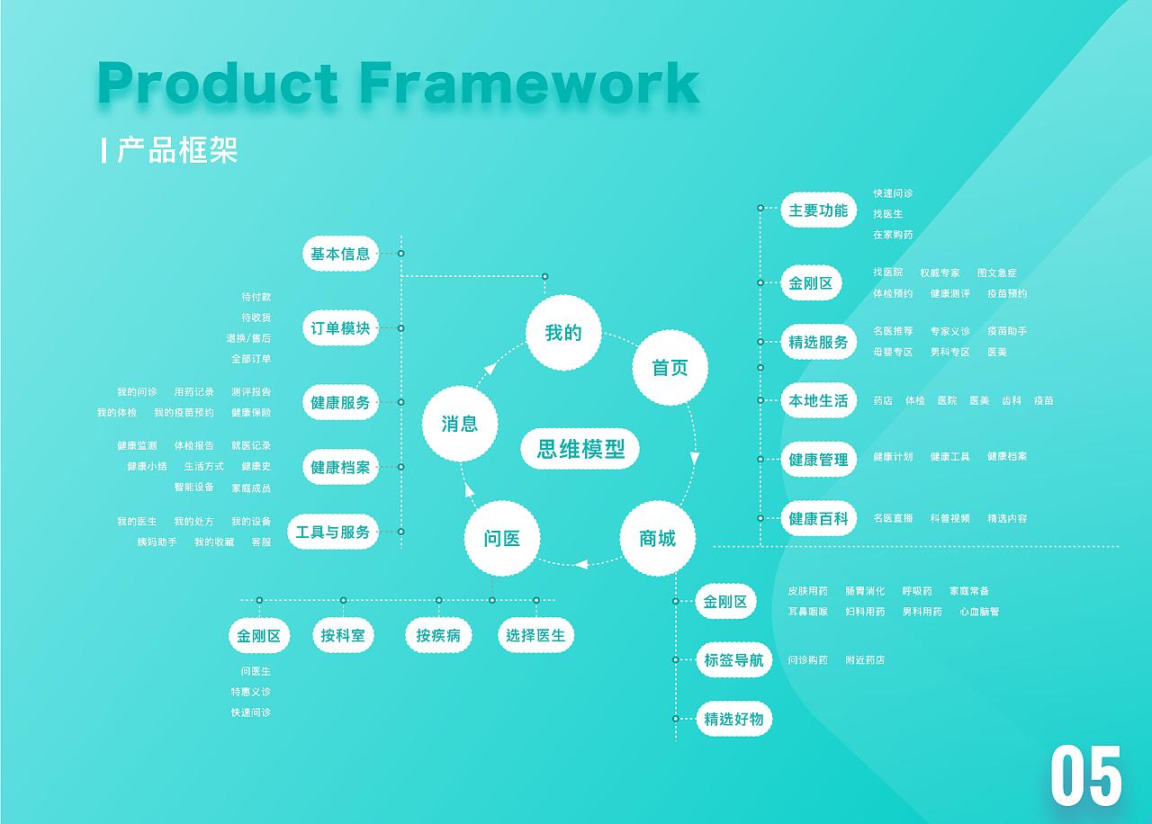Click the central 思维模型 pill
coord(580,449)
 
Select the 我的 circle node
coord(563,333)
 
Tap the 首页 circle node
coord(670,368)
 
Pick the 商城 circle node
coord(658,538)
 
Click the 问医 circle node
coord(502,538)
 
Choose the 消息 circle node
coord(460,424)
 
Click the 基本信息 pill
coord(340,254)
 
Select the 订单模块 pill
coord(340,328)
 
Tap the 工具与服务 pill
coord(333,532)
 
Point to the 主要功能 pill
coord(819,210)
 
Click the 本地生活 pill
coord(819,400)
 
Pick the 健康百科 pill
coord(819,518)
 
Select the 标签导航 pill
coord(733,659)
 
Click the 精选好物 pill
coord(733,719)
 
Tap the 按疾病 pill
coord(438,635)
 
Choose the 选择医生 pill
coord(535,635)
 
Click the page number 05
coord(1085,775)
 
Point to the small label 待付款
coord(256,297)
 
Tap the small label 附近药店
coord(865,660)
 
